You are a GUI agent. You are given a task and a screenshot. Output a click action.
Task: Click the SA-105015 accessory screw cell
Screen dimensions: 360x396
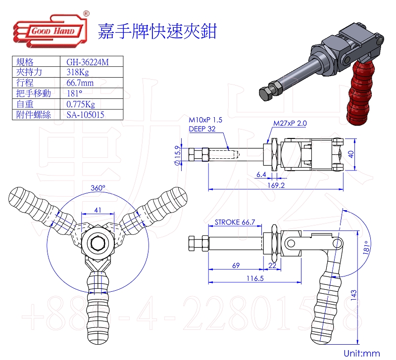[x=85, y=115]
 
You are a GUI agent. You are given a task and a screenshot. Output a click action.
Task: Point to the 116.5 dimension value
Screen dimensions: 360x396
[x=254, y=279]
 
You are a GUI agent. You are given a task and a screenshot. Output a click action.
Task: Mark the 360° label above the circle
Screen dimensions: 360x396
[x=99, y=188]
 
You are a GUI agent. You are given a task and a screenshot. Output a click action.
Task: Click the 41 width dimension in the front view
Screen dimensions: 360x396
[x=98, y=210]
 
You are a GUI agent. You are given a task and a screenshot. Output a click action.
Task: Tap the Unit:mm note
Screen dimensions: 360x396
[x=361, y=353]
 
